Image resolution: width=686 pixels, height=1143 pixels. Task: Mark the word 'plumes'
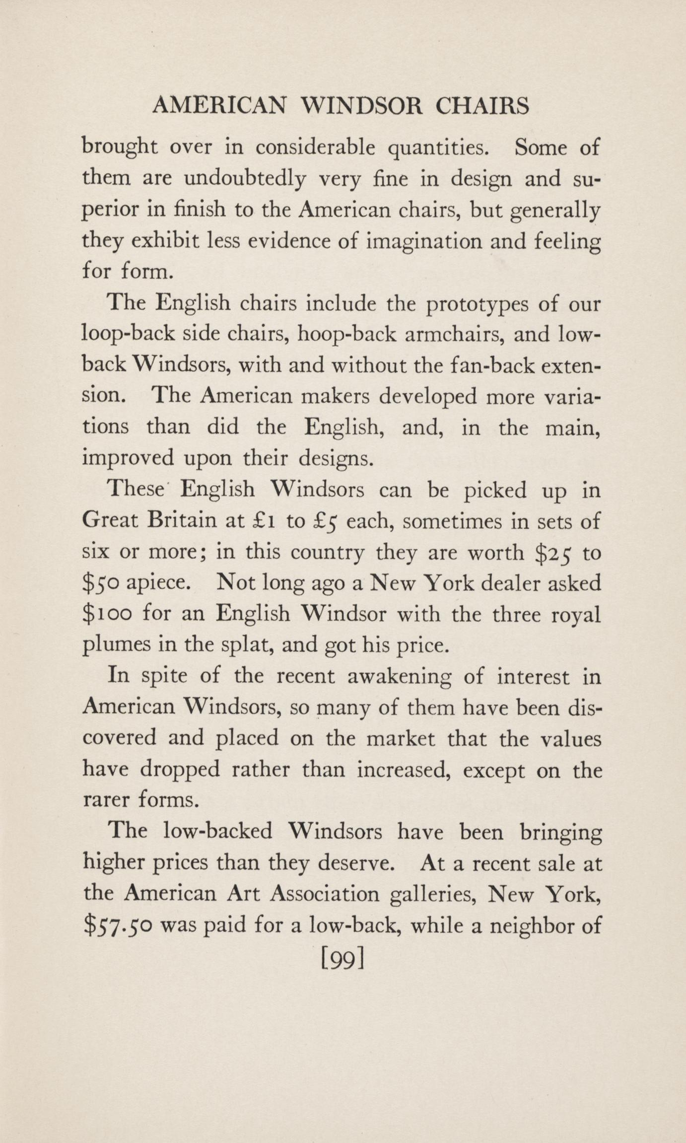(x=115, y=645)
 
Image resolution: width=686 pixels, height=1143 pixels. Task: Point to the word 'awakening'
(x=399, y=677)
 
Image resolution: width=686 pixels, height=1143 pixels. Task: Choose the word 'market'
(x=400, y=738)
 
